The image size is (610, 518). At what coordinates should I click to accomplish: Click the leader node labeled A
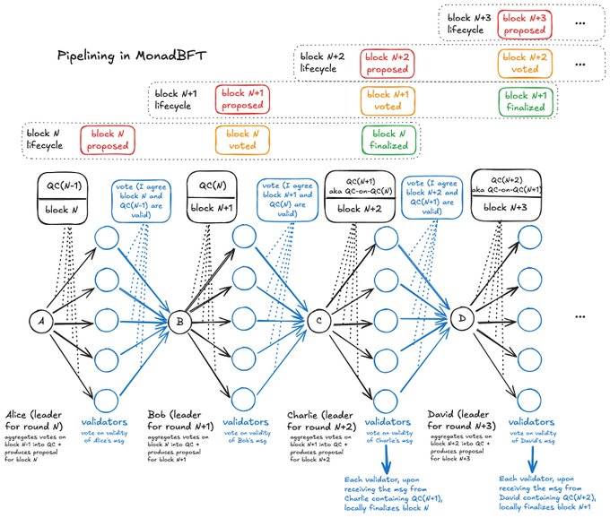click(39, 321)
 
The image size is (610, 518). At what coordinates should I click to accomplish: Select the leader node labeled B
click(179, 321)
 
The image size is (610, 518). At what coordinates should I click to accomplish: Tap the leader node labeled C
click(319, 321)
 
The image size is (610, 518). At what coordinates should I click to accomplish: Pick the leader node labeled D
click(462, 321)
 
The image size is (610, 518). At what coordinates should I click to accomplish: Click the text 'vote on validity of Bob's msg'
click(244, 436)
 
